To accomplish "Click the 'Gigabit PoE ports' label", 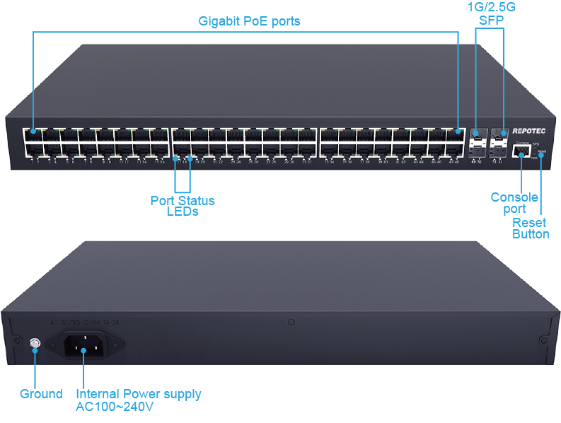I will coord(248,21).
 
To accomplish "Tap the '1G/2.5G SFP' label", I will coord(492,13).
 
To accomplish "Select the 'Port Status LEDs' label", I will coord(183,206).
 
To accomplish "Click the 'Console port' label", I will coord(514,203).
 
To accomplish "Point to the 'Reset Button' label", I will coord(531,228).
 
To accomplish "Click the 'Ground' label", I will coord(41,394).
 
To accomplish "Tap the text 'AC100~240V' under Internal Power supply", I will coord(115,407).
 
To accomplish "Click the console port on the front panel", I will coord(524,150).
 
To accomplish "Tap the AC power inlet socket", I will coord(84,346).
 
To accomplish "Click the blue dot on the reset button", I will coord(541,156).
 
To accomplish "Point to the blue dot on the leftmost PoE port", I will coord(33,131).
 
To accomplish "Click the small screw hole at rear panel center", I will coord(291,323).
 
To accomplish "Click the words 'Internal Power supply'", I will coord(138,394).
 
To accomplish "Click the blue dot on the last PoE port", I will coord(458,131).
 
